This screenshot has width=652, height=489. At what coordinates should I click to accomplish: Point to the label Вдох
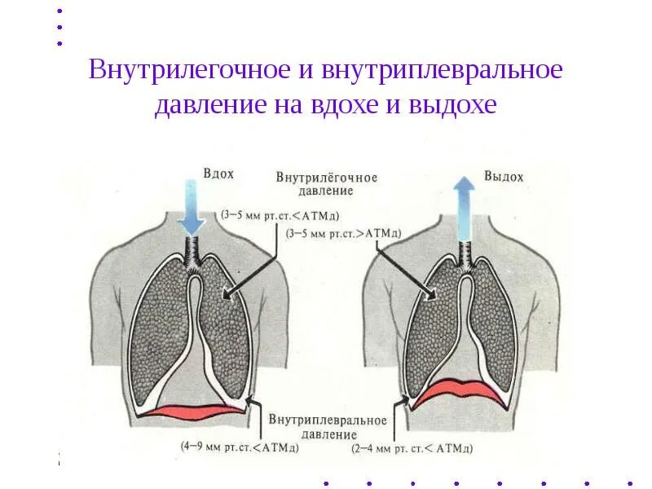(x=218, y=174)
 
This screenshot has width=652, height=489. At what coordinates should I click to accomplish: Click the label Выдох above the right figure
(x=504, y=176)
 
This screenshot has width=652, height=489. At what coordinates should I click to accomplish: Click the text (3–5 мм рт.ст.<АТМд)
(x=280, y=215)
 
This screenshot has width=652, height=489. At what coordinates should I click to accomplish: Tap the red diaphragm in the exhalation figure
(x=461, y=390)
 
